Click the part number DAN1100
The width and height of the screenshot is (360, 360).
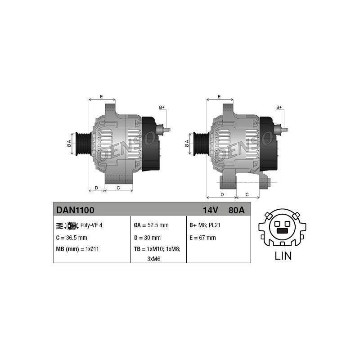click(x=75, y=210)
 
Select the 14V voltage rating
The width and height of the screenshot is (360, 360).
click(x=210, y=210)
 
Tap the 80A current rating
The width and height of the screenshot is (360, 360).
click(x=237, y=210)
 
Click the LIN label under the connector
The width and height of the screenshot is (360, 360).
click(x=283, y=256)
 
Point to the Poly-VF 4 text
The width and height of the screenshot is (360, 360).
click(x=91, y=225)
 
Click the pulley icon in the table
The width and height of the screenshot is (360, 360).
click(x=68, y=226)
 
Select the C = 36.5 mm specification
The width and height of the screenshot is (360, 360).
click(x=72, y=238)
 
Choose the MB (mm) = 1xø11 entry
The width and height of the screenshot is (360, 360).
click(x=77, y=249)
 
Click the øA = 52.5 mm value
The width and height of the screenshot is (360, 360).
click(x=151, y=225)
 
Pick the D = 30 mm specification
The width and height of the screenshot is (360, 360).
click(x=148, y=238)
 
